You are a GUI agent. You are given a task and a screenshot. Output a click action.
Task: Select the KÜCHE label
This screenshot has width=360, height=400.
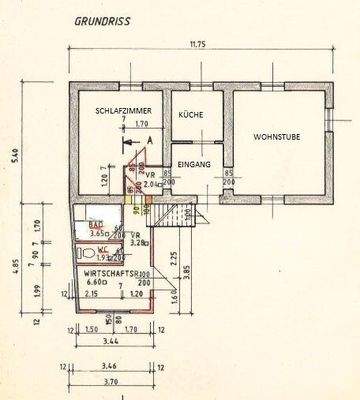[x=191, y=115]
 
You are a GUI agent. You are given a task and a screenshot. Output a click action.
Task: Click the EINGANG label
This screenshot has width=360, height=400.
[x=193, y=164]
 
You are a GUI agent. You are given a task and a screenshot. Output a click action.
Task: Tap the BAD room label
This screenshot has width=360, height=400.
[x=96, y=228]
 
